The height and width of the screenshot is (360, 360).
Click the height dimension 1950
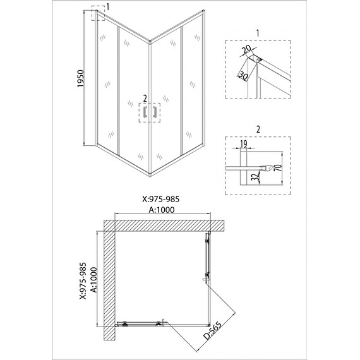pos(81,78)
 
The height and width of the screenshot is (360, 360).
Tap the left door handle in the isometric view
pos(145,112)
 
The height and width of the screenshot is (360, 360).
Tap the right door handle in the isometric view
pos(155,112)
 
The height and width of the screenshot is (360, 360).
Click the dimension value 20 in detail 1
pos(246,49)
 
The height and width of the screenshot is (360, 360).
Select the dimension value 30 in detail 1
pos(243,76)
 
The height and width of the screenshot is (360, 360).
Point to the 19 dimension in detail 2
pos(244,144)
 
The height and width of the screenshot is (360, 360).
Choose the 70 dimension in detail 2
pos(279,168)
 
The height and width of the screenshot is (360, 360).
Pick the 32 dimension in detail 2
pos(256,176)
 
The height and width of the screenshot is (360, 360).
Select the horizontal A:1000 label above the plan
pos(162,210)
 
